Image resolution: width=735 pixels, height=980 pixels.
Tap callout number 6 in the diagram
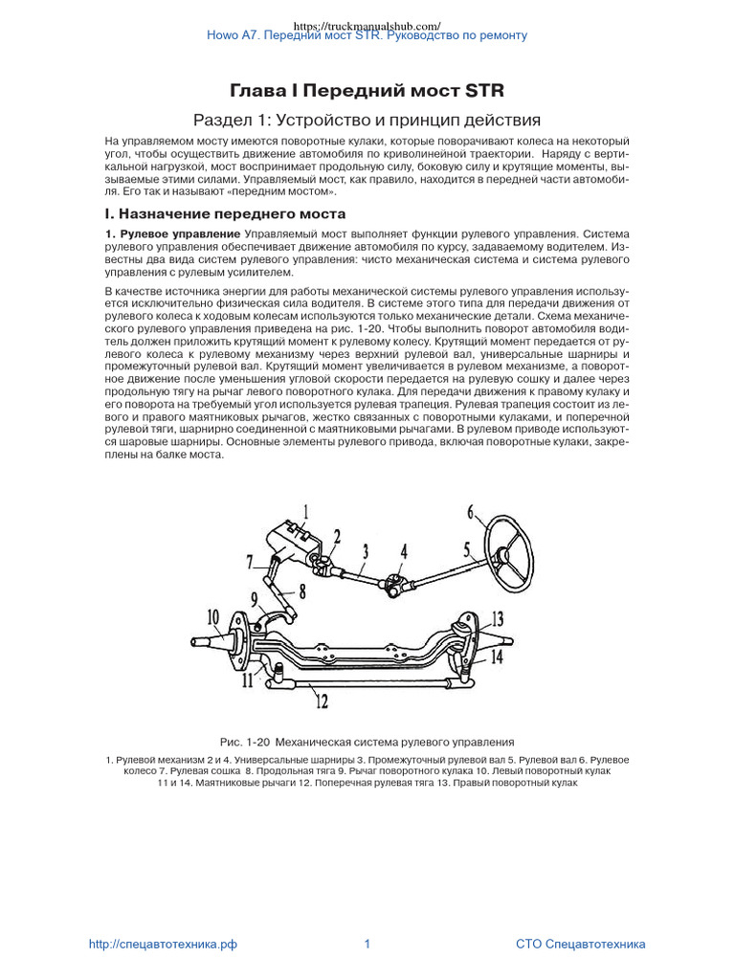(471, 512)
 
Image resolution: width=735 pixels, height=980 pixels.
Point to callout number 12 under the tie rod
(322, 702)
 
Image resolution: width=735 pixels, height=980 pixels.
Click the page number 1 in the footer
(367, 944)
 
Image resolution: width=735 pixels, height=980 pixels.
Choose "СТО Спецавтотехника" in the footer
(580, 944)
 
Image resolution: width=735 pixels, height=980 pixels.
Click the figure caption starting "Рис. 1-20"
(367, 742)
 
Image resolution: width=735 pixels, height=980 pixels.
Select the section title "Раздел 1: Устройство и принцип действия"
(367, 121)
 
